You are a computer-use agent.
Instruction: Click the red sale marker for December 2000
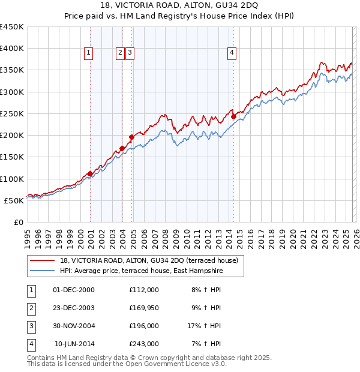pos(90,173)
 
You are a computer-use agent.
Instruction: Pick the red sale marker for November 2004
pos(131,137)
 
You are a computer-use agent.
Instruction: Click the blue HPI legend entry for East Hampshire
pos(141,271)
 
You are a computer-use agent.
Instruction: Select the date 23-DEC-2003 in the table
pos(74,308)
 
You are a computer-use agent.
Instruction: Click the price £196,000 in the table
pos(143,326)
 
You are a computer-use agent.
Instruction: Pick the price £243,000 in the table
pos(143,344)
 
